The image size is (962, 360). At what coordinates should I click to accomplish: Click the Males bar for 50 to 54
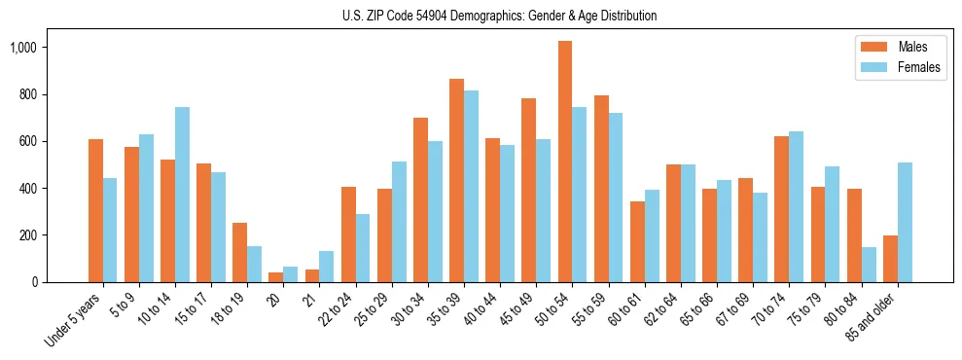(x=565, y=162)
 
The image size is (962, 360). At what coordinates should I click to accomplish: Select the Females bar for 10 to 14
(x=182, y=195)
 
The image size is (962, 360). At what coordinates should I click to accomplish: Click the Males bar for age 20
(x=275, y=277)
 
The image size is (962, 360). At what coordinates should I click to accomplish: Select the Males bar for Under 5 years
(x=95, y=210)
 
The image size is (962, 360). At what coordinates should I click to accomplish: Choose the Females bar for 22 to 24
(x=363, y=248)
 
